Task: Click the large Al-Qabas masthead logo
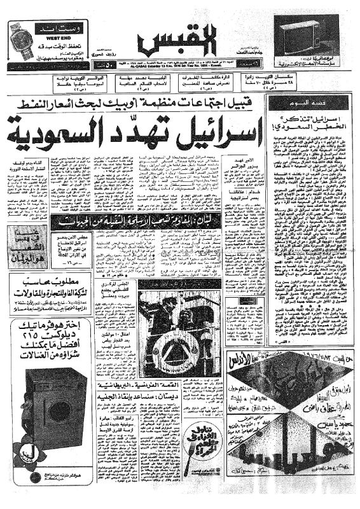(180, 39)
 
